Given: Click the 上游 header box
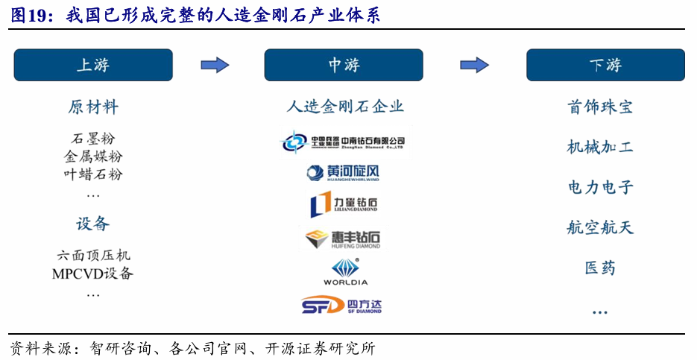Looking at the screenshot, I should [x=93, y=65].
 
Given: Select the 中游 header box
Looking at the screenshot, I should [x=344, y=65].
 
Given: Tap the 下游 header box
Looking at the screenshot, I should [x=605, y=65].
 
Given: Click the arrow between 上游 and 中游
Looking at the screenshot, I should [x=215, y=65].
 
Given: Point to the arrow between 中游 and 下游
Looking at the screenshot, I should [x=474, y=65].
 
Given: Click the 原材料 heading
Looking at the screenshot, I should [x=93, y=107].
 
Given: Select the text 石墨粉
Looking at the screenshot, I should [x=93, y=139].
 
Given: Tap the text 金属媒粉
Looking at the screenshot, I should [x=93, y=157].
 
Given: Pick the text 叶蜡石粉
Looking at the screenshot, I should [x=93, y=174].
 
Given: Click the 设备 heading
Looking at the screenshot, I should [x=93, y=223].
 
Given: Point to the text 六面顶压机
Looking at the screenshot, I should [x=93, y=255].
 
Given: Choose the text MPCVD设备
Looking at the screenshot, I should [x=93, y=274].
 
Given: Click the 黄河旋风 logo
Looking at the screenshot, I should [x=343, y=173].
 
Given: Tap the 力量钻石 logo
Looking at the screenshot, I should [x=344, y=205].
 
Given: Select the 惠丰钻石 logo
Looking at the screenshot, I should [x=343, y=239].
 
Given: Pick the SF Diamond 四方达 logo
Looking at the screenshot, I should [x=342, y=305].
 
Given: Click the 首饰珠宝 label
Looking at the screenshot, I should [x=599, y=107].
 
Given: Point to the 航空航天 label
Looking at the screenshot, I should [x=599, y=227].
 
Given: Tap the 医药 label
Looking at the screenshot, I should [x=599, y=267].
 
